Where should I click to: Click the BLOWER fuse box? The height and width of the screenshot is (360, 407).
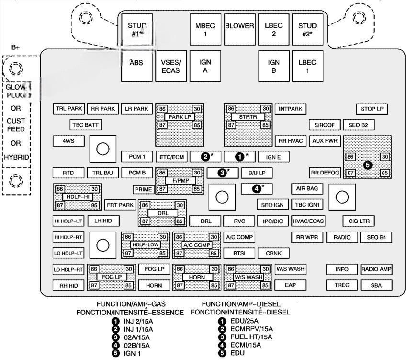pos(239,26)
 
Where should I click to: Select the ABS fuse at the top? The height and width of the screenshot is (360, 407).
pos(136,63)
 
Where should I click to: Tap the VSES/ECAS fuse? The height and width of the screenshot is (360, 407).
pos(170,66)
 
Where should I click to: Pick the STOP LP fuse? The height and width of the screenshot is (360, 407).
pos(372,109)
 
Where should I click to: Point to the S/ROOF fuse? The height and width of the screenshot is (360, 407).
pos(324,125)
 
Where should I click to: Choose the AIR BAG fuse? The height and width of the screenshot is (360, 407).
pos(307,188)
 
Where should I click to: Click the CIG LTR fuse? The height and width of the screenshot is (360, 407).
pos(358,221)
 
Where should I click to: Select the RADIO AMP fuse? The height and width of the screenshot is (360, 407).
pos(376,269)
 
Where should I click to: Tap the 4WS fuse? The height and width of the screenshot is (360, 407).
pos(68,141)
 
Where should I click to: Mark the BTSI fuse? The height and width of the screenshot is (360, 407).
pos(239,253)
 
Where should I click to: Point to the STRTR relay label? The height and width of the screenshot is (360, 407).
pos(248,117)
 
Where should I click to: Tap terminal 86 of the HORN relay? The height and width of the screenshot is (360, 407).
pos(179,269)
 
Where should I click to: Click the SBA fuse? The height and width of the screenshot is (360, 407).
pos(376,285)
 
